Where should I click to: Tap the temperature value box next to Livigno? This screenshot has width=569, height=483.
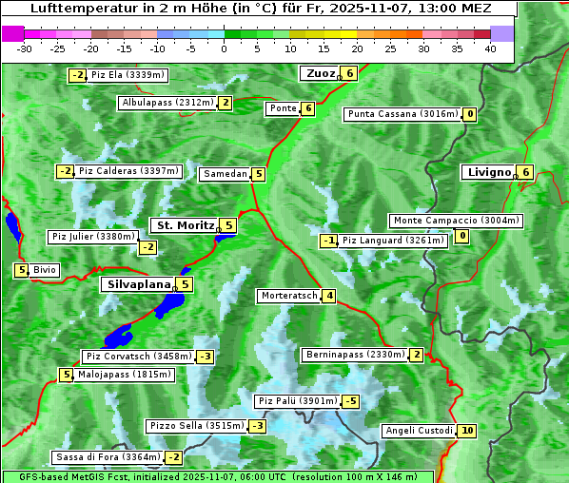[525, 172]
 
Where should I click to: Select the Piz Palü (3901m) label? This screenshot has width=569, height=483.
[298, 401]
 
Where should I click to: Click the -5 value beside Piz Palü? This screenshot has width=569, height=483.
[351, 401]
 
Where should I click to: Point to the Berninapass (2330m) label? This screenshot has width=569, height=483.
[354, 355]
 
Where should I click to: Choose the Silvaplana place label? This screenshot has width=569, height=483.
[139, 283]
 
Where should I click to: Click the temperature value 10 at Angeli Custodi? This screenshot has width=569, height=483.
[466, 431]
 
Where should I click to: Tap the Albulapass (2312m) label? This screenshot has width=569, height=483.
[167, 103]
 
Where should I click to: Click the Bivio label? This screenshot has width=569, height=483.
[45, 270]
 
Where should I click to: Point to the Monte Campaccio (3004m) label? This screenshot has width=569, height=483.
[456, 221]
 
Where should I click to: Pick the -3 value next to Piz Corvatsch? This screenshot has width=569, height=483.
[205, 357]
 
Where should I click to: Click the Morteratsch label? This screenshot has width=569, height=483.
[288, 296]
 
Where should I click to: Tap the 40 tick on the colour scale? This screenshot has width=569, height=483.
[490, 48]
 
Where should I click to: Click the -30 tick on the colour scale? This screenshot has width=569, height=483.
[25, 48]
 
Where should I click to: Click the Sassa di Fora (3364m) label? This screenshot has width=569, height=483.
[107, 457]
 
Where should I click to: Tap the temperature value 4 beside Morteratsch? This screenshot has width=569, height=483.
[328, 296]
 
